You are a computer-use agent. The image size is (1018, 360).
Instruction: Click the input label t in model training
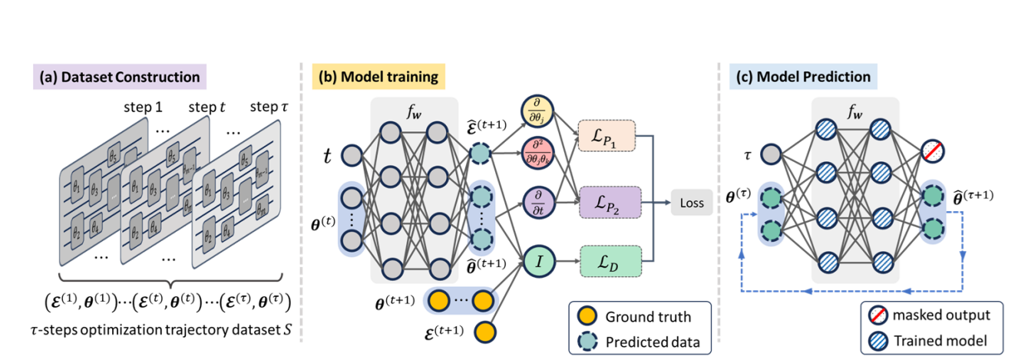327,157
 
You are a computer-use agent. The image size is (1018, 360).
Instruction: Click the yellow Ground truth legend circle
587,316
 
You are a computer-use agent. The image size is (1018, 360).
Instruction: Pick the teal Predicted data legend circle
587,342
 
